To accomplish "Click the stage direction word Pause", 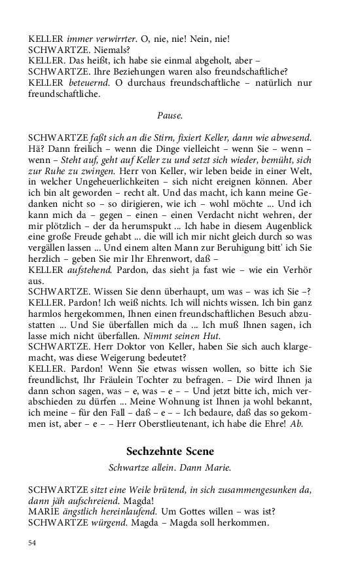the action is tap(170, 115).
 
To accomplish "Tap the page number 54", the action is tap(32, 543).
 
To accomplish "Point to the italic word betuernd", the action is tap(90, 82).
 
